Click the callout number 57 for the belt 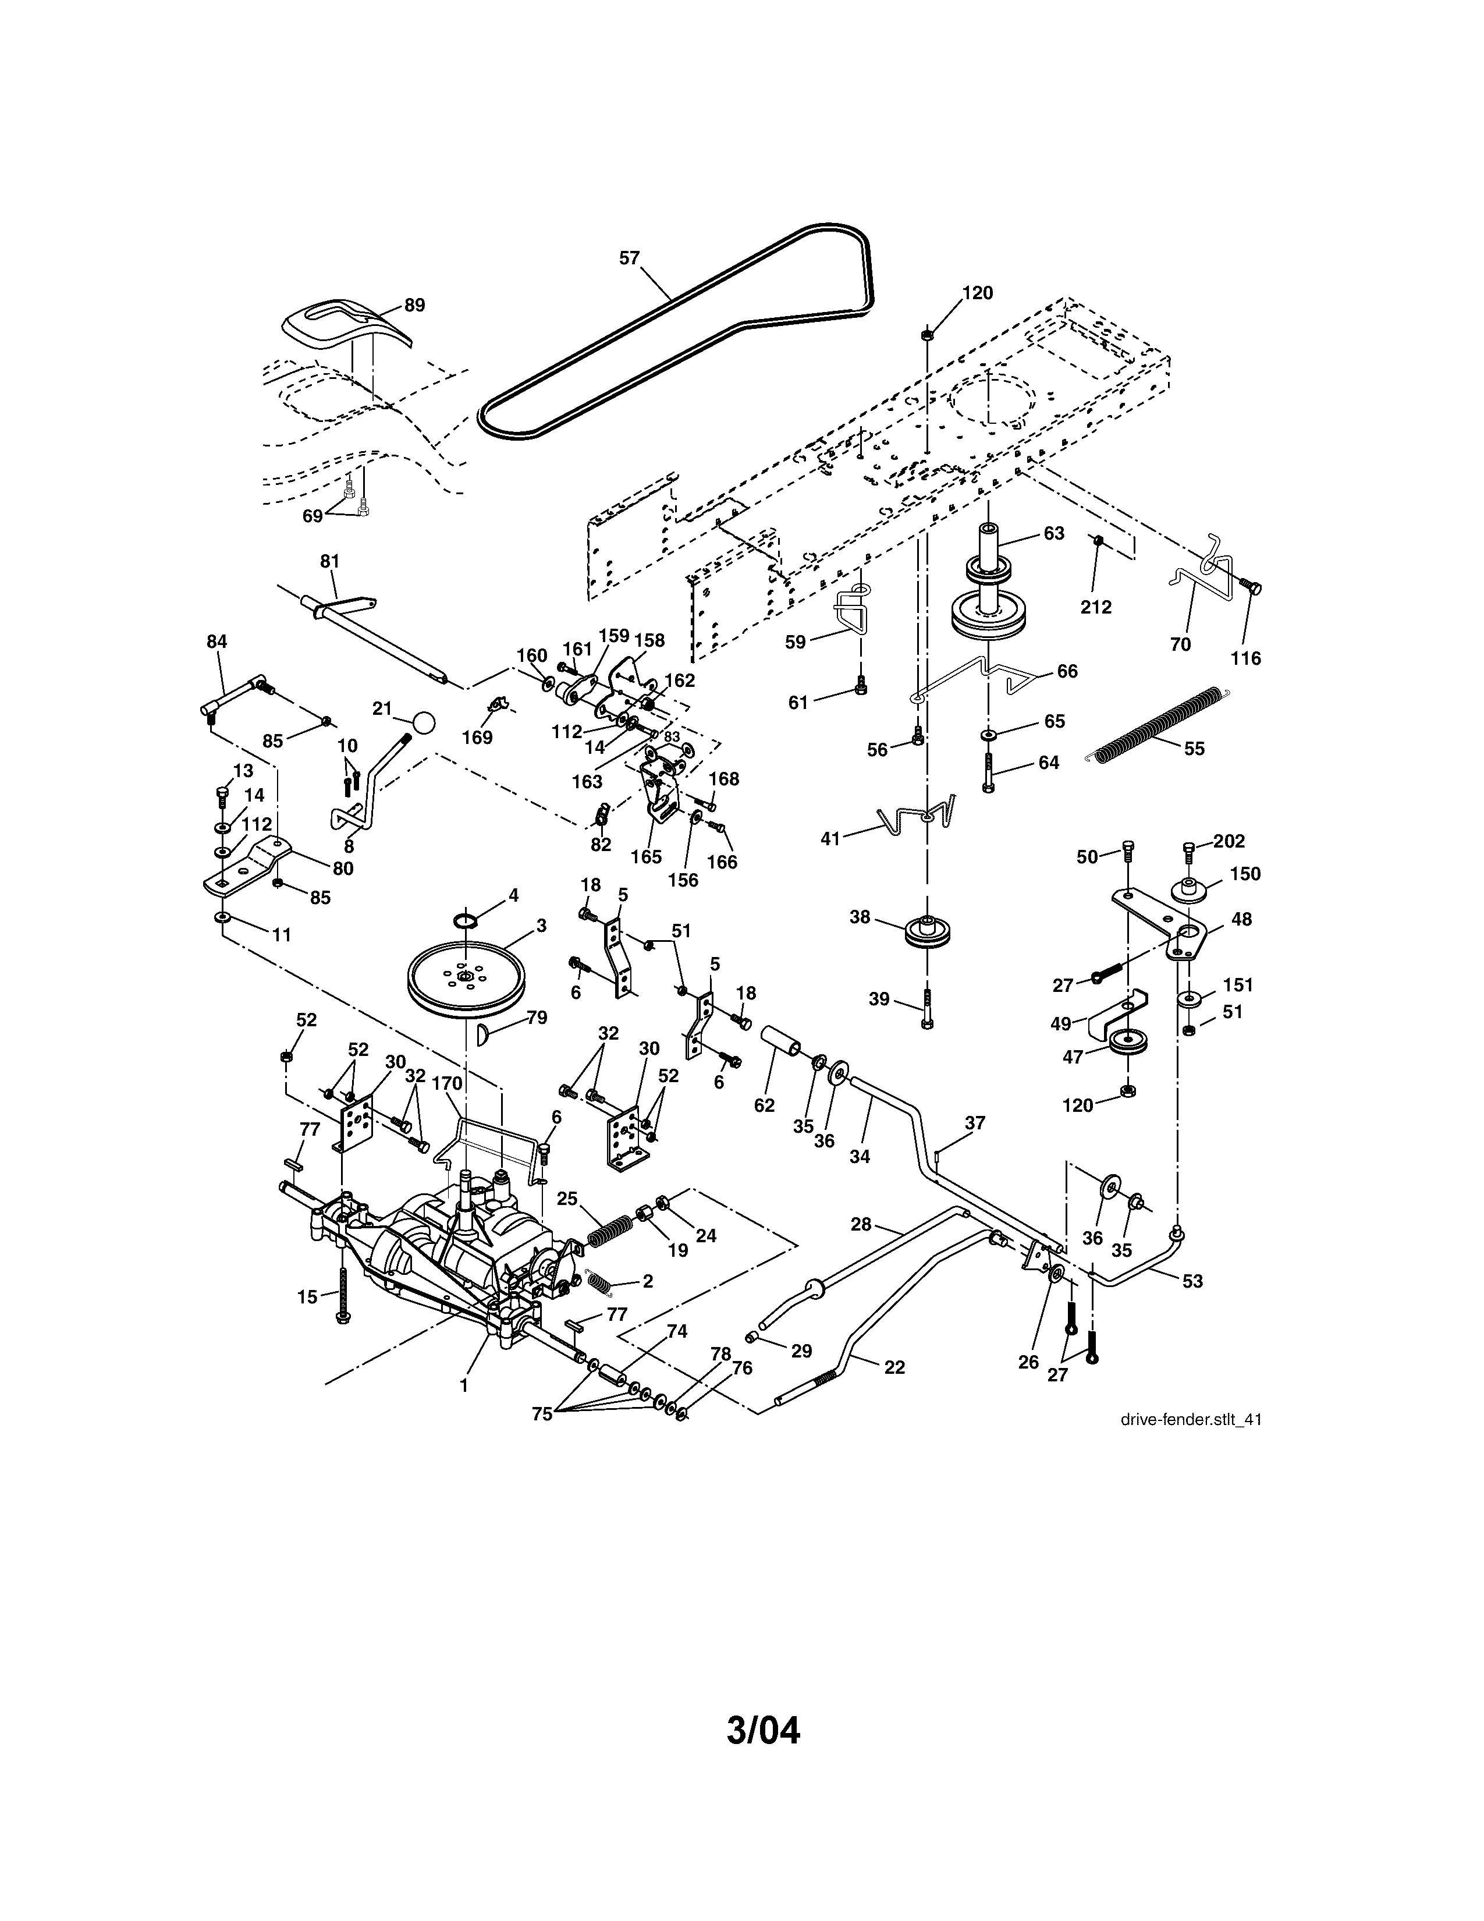[630, 258]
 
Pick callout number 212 [1096, 607]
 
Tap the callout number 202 [1229, 841]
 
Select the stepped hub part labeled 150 [1188, 888]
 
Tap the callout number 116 [1246, 657]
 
